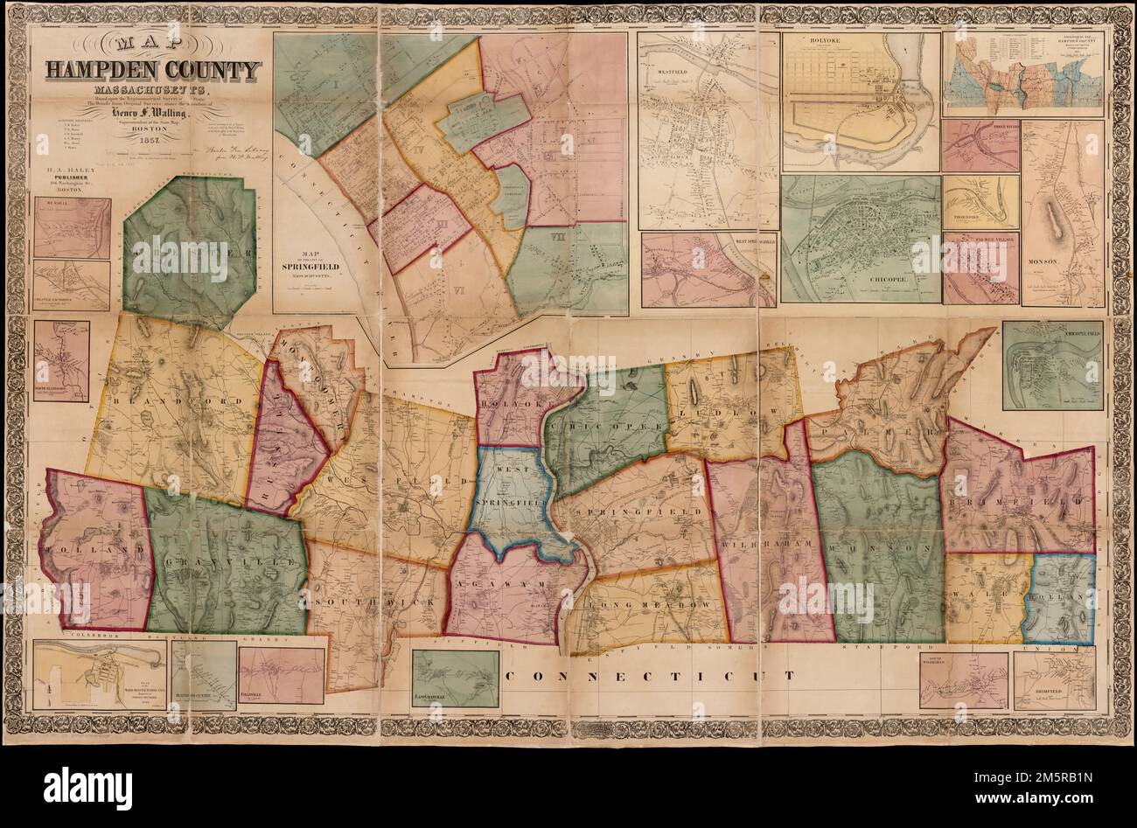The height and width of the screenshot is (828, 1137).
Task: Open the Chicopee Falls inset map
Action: pyautogui.click(x=1051, y=365)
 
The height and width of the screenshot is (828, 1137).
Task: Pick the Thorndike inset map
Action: pyautogui.click(x=980, y=202)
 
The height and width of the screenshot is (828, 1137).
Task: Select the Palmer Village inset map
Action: pyautogui.click(x=980, y=267)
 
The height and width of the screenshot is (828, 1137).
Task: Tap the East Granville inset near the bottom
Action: pyautogui.click(x=455, y=678)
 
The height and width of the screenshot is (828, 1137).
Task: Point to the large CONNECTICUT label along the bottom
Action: pyautogui.click(x=652, y=676)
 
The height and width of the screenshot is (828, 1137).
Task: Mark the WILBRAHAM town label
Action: pyautogui.click(x=766, y=545)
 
